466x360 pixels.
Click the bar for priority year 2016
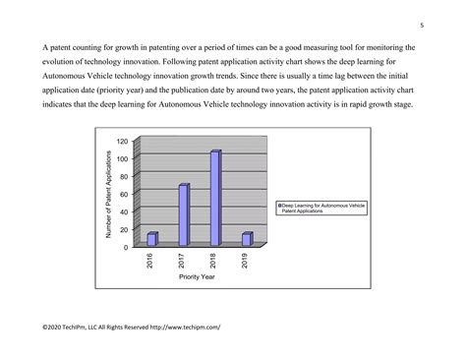[x=152, y=239]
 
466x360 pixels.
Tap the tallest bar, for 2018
[x=215, y=198]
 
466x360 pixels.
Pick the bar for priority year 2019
[x=247, y=239]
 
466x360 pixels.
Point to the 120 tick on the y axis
[x=123, y=141]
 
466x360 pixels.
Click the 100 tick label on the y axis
[x=123, y=158]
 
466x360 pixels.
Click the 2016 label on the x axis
[x=151, y=260]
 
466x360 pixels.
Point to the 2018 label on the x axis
[x=214, y=260]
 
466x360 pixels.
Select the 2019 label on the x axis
[x=246, y=260]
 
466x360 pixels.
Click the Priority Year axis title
[x=197, y=276]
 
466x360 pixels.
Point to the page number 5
[x=421, y=26]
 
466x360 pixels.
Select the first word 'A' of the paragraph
[x=44, y=47]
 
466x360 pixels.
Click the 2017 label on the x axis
[x=183, y=260]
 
